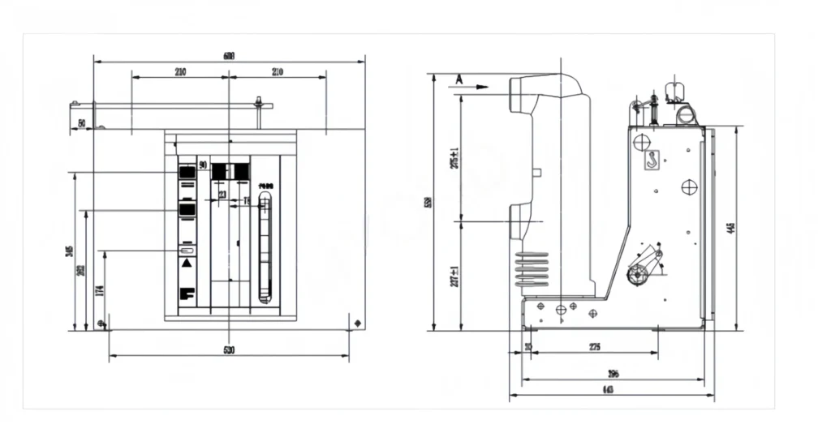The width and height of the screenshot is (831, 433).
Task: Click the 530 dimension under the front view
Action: tap(229, 350)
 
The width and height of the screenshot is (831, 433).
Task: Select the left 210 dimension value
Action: tap(179, 72)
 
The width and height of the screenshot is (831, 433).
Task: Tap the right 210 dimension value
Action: tap(277, 72)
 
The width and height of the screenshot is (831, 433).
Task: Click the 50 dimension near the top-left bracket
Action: tap(82, 123)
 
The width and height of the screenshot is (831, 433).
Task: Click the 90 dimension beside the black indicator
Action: tap(202, 165)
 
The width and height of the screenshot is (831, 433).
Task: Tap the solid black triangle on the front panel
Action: tap(187, 264)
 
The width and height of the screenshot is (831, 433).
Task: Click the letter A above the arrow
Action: tap(459, 79)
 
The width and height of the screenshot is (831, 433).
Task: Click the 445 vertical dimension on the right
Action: tap(731, 229)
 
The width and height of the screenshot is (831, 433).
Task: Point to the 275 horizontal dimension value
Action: tap(594, 347)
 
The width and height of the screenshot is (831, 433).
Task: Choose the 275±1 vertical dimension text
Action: tap(454, 158)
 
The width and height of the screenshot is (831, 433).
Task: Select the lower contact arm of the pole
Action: tap(527, 216)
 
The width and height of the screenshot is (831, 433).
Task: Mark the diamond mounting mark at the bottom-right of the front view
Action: tap(358, 324)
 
